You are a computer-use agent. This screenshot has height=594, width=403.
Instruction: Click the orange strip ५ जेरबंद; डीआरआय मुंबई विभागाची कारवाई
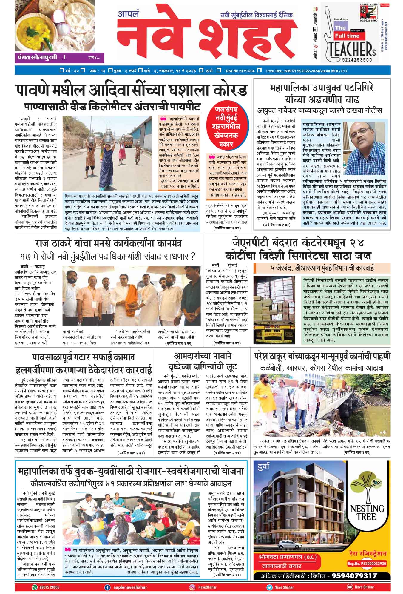[x=322, y=268]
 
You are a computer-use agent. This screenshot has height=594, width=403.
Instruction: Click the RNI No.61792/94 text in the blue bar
[x=242, y=71]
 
